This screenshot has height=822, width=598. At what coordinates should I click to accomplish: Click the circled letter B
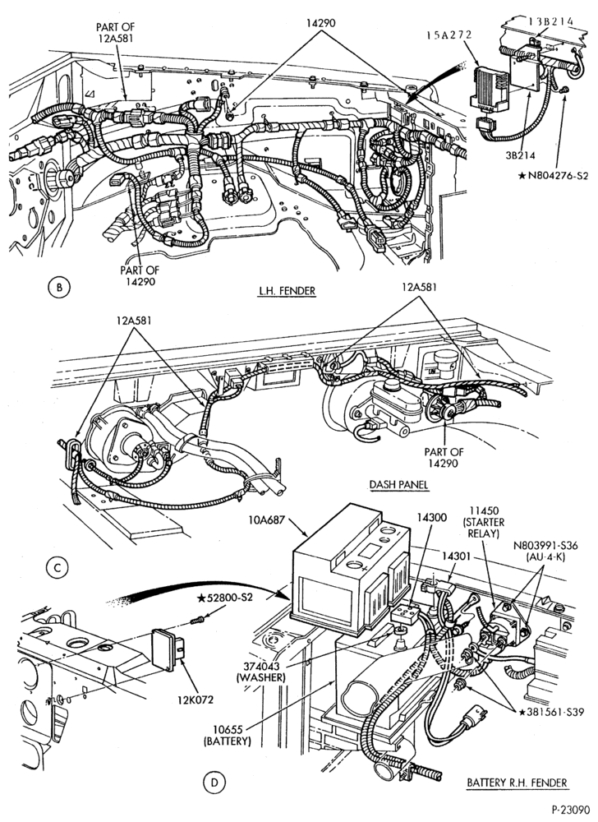[x=58, y=287]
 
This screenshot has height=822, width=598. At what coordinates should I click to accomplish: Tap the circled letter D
[x=214, y=783]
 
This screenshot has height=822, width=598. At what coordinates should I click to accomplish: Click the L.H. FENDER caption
[x=287, y=290]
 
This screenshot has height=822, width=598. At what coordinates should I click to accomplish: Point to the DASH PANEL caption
[x=399, y=484]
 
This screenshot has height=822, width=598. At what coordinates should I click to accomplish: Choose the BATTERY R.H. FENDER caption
[x=517, y=783]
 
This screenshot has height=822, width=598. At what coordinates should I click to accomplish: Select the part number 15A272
[x=448, y=35]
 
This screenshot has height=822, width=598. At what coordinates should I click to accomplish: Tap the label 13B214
[x=550, y=21]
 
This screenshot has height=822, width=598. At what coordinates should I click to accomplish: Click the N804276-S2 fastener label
[x=553, y=176]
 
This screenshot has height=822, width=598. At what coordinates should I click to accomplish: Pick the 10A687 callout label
[x=266, y=520]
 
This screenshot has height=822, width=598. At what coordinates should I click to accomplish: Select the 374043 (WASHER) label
[x=260, y=672]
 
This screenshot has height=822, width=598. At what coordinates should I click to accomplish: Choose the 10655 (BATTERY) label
[x=228, y=736]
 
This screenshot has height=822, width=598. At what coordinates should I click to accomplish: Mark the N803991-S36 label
[x=545, y=551]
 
